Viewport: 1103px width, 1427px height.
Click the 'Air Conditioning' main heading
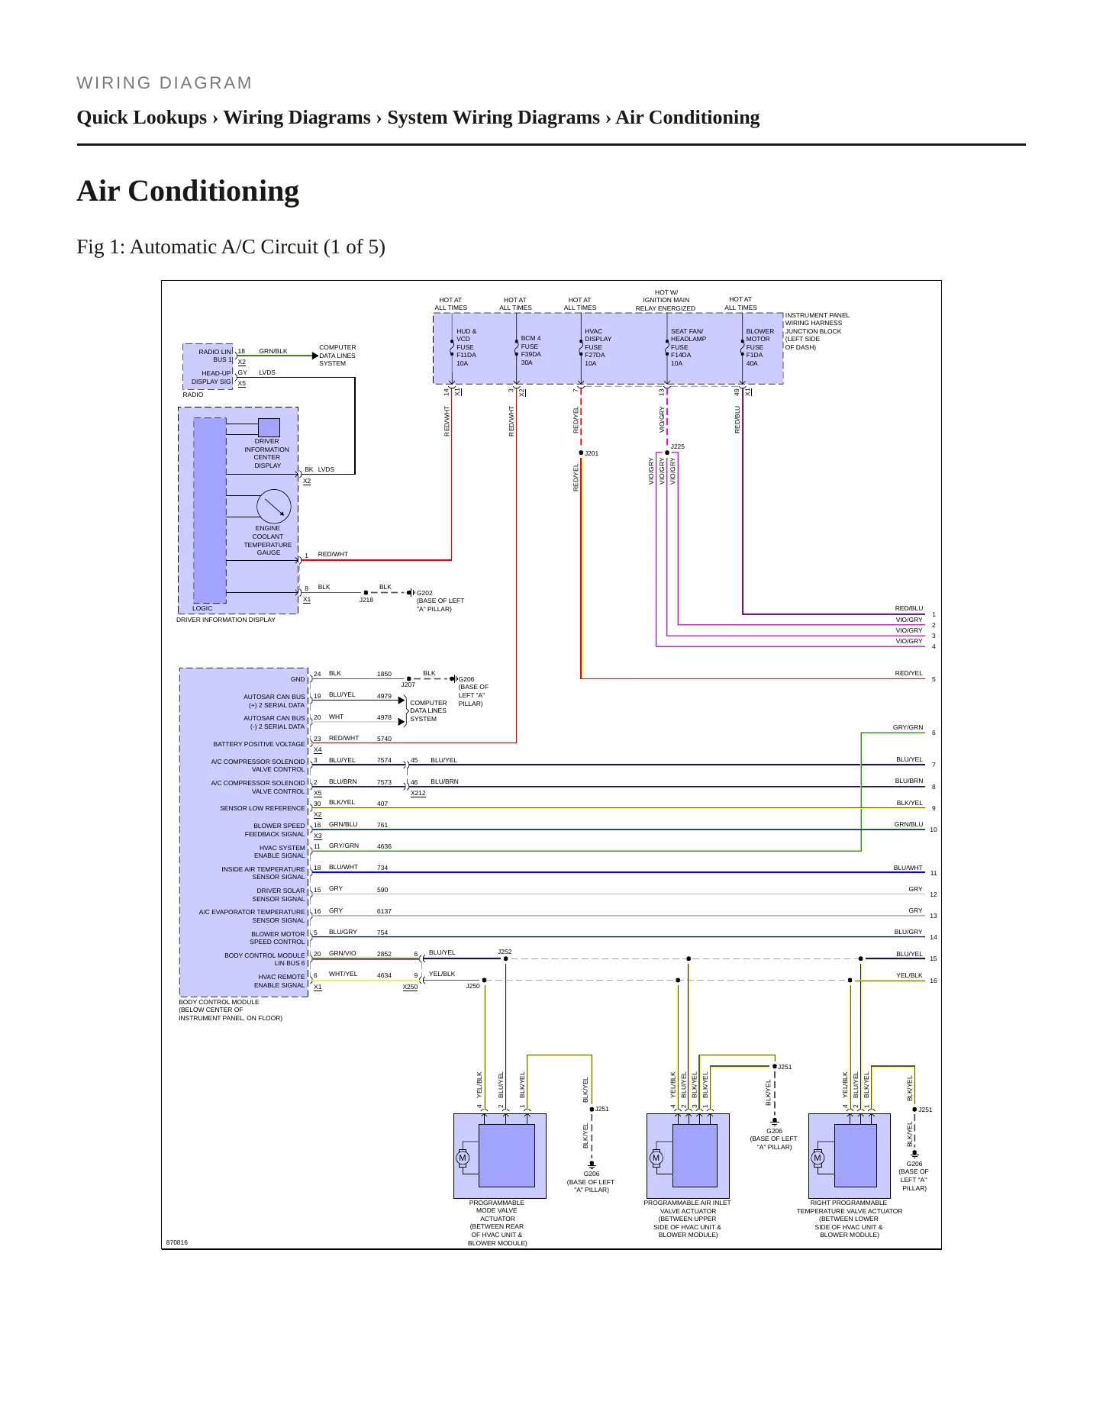188,191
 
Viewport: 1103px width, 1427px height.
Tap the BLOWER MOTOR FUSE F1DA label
760,347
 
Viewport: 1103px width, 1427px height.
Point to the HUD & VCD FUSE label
466,347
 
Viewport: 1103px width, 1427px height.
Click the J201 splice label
592,453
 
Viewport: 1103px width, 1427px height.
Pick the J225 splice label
678,446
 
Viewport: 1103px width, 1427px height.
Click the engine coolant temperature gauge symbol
274,506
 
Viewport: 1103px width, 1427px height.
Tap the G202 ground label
424,593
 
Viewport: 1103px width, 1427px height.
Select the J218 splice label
366,600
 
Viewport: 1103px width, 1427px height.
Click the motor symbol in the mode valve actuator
462,1158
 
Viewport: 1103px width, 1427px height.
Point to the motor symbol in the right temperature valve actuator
818,1158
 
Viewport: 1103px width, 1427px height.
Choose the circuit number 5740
384,739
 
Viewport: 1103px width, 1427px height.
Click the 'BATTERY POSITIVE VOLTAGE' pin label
259,744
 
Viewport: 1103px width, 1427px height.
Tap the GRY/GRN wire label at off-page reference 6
908,727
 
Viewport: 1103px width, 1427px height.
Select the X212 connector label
418,794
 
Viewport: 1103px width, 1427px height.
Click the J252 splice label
505,952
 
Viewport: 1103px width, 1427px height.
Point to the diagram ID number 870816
177,1242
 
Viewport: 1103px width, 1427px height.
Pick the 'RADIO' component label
193,395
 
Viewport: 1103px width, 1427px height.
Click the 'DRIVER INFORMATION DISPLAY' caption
226,620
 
